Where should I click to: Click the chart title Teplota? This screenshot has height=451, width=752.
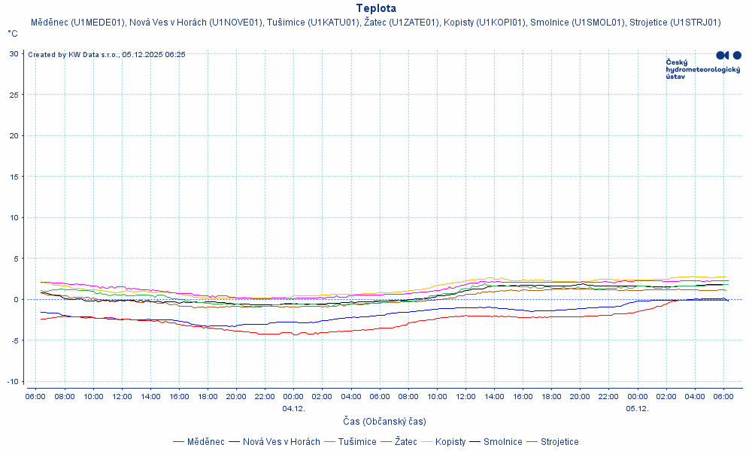click(x=376, y=8)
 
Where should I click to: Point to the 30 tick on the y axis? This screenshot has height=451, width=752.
click(x=14, y=53)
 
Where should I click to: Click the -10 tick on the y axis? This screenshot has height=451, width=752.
click(x=13, y=381)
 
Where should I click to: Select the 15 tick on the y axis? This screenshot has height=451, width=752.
click(x=14, y=176)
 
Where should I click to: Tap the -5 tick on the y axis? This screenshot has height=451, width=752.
click(x=14, y=340)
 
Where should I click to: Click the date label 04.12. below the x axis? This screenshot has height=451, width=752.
click(x=293, y=409)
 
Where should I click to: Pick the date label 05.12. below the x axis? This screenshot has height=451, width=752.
click(x=637, y=409)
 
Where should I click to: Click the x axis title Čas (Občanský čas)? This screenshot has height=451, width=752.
click(x=384, y=422)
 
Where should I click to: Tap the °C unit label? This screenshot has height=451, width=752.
click(x=13, y=34)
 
